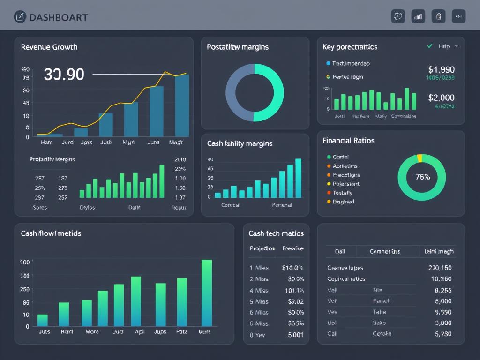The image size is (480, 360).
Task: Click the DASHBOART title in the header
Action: (x=58, y=17)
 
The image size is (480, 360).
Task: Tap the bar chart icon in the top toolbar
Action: (x=418, y=16)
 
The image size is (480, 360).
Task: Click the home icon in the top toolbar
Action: (x=438, y=16)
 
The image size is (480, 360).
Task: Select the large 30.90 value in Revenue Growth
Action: (x=64, y=74)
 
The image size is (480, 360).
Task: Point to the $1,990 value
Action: (x=441, y=69)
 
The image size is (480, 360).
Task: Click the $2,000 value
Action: (x=441, y=97)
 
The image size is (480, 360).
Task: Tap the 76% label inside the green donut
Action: (x=422, y=177)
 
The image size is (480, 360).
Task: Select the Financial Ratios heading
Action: (x=348, y=141)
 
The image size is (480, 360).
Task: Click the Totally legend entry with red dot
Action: (x=342, y=193)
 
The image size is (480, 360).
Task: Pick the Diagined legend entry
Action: (x=343, y=202)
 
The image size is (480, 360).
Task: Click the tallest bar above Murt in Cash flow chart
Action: (x=207, y=292)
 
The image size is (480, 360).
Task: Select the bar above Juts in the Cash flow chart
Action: (x=43, y=320)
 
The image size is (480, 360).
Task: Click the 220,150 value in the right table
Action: (x=440, y=268)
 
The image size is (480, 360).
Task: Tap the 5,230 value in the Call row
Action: (x=443, y=334)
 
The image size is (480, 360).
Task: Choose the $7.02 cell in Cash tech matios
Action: (x=295, y=301)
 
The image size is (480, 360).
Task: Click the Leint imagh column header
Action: (x=438, y=251)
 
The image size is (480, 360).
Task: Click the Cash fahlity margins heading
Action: (x=240, y=143)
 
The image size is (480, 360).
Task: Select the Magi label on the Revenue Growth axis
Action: (x=175, y=142)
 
